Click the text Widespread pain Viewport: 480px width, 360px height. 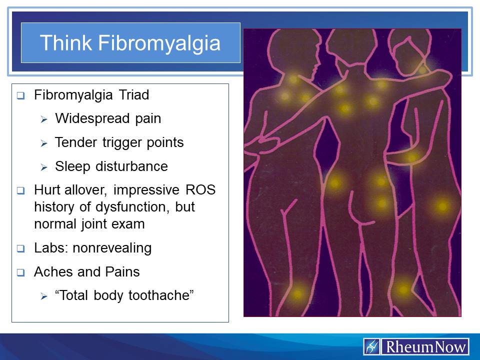click(108, 118)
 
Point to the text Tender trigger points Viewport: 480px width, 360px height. click(119, 142)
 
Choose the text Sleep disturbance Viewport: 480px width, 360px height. click(111, 166)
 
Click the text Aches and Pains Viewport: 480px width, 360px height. click(86, 272)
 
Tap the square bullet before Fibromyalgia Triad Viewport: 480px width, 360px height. click(20, 95)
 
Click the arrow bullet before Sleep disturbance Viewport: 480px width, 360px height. click(43, 167)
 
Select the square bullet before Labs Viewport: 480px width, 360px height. click(20, 248)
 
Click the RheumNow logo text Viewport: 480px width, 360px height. click(424, 346)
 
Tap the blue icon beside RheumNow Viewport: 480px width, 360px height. click(372, 346)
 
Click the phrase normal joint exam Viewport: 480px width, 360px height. click(89, 223)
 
